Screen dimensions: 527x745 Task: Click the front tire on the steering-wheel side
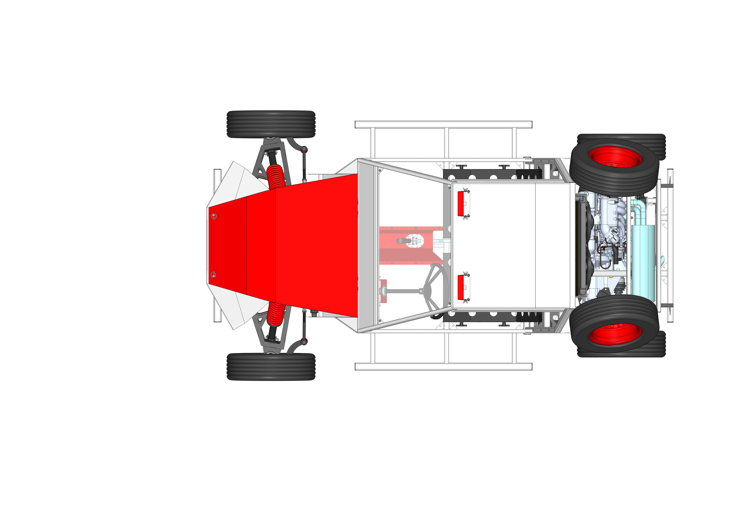click(271, 367)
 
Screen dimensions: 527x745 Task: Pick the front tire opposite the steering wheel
click(271, 124)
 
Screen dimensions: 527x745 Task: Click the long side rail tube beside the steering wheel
click(443, 367)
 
